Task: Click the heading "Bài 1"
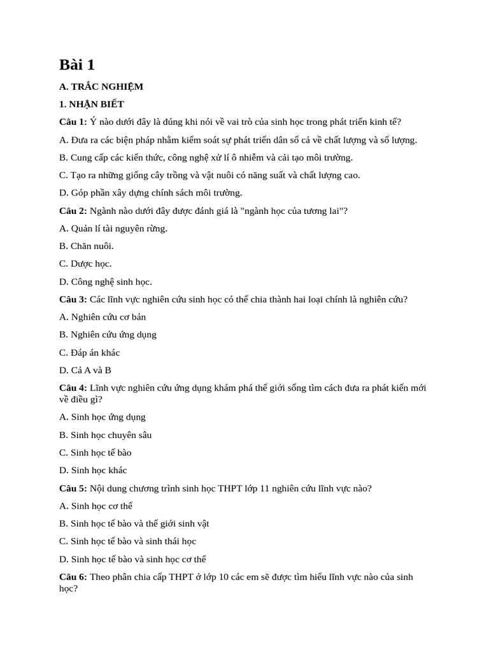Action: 77,64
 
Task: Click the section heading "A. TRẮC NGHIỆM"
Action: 101,87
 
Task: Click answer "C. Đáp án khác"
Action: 90,352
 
